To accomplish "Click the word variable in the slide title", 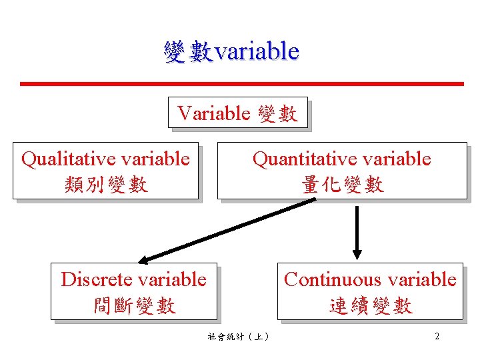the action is pos(256,51).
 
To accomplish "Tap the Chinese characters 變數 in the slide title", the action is pos(189,51).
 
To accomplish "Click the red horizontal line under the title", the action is pos(241,84).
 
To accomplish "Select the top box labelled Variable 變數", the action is pos(237,113).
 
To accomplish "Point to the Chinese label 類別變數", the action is pos(106,184).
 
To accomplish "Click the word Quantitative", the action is pos(298,159).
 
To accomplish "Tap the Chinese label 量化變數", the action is pos(342,184).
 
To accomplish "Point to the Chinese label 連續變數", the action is pos(371,305).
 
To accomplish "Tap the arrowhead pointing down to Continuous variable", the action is pos(357,253).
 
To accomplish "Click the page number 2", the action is pos(437,336).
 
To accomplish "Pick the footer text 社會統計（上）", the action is pos(238,337).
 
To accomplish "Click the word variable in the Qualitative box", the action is pos(158,159).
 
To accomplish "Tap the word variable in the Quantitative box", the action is pos(399,159).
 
